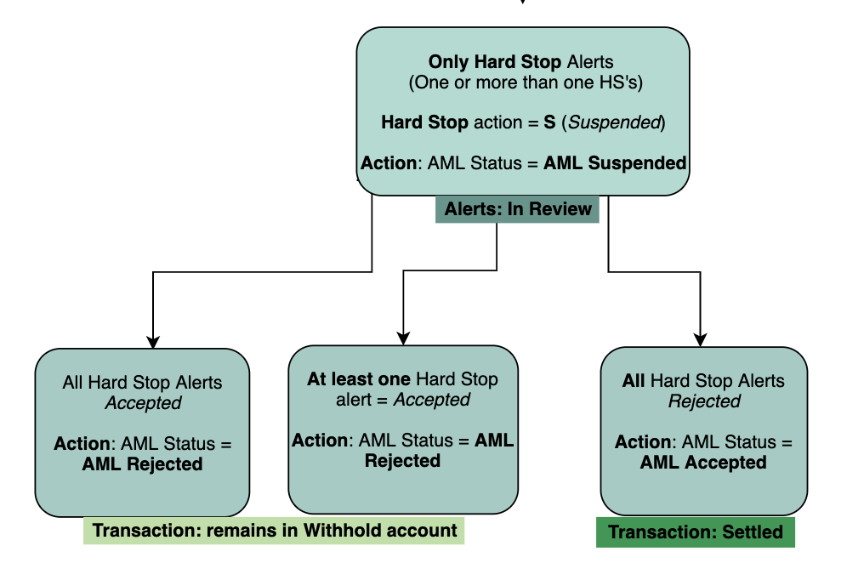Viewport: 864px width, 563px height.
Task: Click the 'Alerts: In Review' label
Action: tap(518, 209)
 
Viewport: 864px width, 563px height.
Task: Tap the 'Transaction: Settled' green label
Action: tap(696, 532)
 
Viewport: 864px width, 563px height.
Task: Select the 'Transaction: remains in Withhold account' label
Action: tap(274, 531)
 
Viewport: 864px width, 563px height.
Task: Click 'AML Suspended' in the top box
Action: tap(615, 162)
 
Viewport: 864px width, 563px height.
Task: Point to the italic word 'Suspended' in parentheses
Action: tap(615, 122)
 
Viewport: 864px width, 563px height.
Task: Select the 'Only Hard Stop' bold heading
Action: tap(494, 62)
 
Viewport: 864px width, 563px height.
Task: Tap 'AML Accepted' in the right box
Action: tap(703, 463)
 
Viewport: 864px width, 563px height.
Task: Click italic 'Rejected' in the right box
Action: tap(704, 401)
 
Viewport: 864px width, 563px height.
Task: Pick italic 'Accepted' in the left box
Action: tap(143, 403)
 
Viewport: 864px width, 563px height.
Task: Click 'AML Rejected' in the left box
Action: tap(142, 464)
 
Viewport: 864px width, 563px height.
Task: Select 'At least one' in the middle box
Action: tap(358, 379)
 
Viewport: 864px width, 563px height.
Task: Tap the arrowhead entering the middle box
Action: tap(403, 338)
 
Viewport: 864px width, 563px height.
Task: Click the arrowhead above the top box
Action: tap(522, 3)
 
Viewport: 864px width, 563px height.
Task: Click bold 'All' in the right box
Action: tap(634, 381)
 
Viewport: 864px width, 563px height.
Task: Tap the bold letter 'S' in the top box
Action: tap(549, 122)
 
